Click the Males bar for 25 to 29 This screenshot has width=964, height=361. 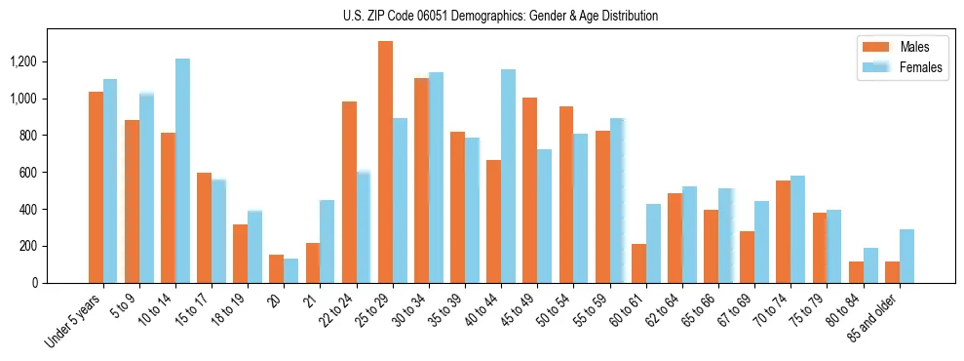385,162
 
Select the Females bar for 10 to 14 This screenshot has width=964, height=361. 182,171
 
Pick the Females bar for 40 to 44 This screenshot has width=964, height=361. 508,176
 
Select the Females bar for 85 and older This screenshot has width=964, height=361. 906,256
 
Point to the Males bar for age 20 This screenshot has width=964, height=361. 277,268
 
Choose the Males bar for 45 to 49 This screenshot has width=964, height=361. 529,190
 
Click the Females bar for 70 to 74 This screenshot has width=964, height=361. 797,229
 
